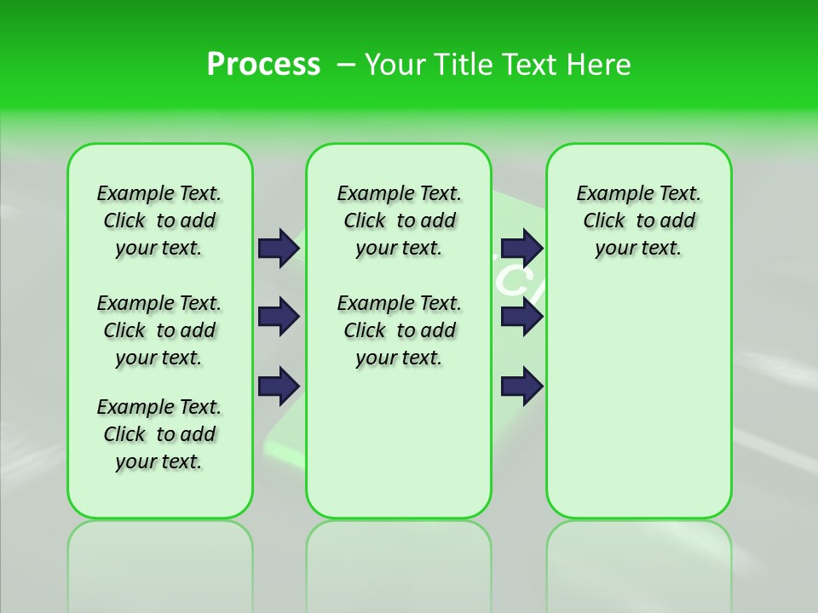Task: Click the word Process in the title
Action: pos(263,64)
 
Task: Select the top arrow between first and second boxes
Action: pos(279,248)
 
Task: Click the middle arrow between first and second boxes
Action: pos(279,317)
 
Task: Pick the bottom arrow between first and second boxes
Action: pos(279,386)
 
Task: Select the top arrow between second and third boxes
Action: pos(521,248)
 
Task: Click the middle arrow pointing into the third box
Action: pos(521,317)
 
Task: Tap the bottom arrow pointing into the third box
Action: pos(521,386)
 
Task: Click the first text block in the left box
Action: pos(159,221)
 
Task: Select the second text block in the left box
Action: pos(159,330)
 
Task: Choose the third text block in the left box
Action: pos(159,434)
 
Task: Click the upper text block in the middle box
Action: pos(399,221)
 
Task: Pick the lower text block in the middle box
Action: pos(399,330)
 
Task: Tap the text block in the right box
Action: pos(638,221)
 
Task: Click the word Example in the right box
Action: pos(608,193)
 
